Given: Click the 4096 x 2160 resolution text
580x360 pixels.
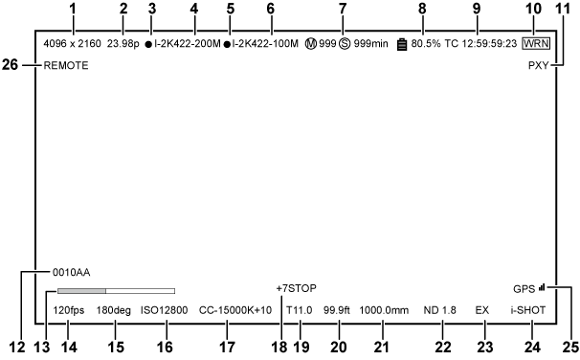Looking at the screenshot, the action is click(x=72, y=44).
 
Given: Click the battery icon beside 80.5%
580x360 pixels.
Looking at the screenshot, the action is click(x=402, y=44).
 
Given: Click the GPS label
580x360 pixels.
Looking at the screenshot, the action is click(x=524, y=288).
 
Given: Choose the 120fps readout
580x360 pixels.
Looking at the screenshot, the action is click(x=70, y=310).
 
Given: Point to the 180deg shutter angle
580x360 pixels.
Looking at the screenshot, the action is click(x=115, y=310).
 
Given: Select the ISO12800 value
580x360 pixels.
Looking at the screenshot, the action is click(x=164, y=310).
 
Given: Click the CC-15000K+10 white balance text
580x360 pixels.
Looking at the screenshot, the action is click(x=235, y=310).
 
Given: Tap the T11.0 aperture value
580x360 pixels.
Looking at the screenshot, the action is click(x=300, y=310).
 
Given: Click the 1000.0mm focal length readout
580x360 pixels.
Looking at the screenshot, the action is click(x=384, y=310).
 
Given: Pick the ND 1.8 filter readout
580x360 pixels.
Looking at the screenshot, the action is click(x=440, y=310).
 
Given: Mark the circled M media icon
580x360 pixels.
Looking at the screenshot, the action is click(x=309, y=44).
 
